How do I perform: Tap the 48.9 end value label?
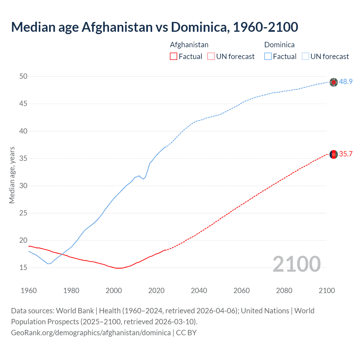346,82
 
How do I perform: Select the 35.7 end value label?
346,154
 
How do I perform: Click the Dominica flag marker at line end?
334,82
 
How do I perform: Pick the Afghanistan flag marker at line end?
334,154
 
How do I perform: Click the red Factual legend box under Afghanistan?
174,57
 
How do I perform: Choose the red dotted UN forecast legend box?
211,57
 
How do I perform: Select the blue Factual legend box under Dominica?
268,57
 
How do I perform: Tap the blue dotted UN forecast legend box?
305,57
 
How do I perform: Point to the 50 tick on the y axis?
23,76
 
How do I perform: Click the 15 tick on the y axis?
23,267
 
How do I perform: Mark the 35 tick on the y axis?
23,158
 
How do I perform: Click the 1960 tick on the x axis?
29,291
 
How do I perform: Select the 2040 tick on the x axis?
199,291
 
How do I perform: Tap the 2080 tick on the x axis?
284,291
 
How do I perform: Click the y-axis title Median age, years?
12,175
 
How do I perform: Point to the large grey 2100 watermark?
296,264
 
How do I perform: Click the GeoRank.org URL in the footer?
91,333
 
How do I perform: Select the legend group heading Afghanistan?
189,45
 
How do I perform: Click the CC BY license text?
186,333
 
